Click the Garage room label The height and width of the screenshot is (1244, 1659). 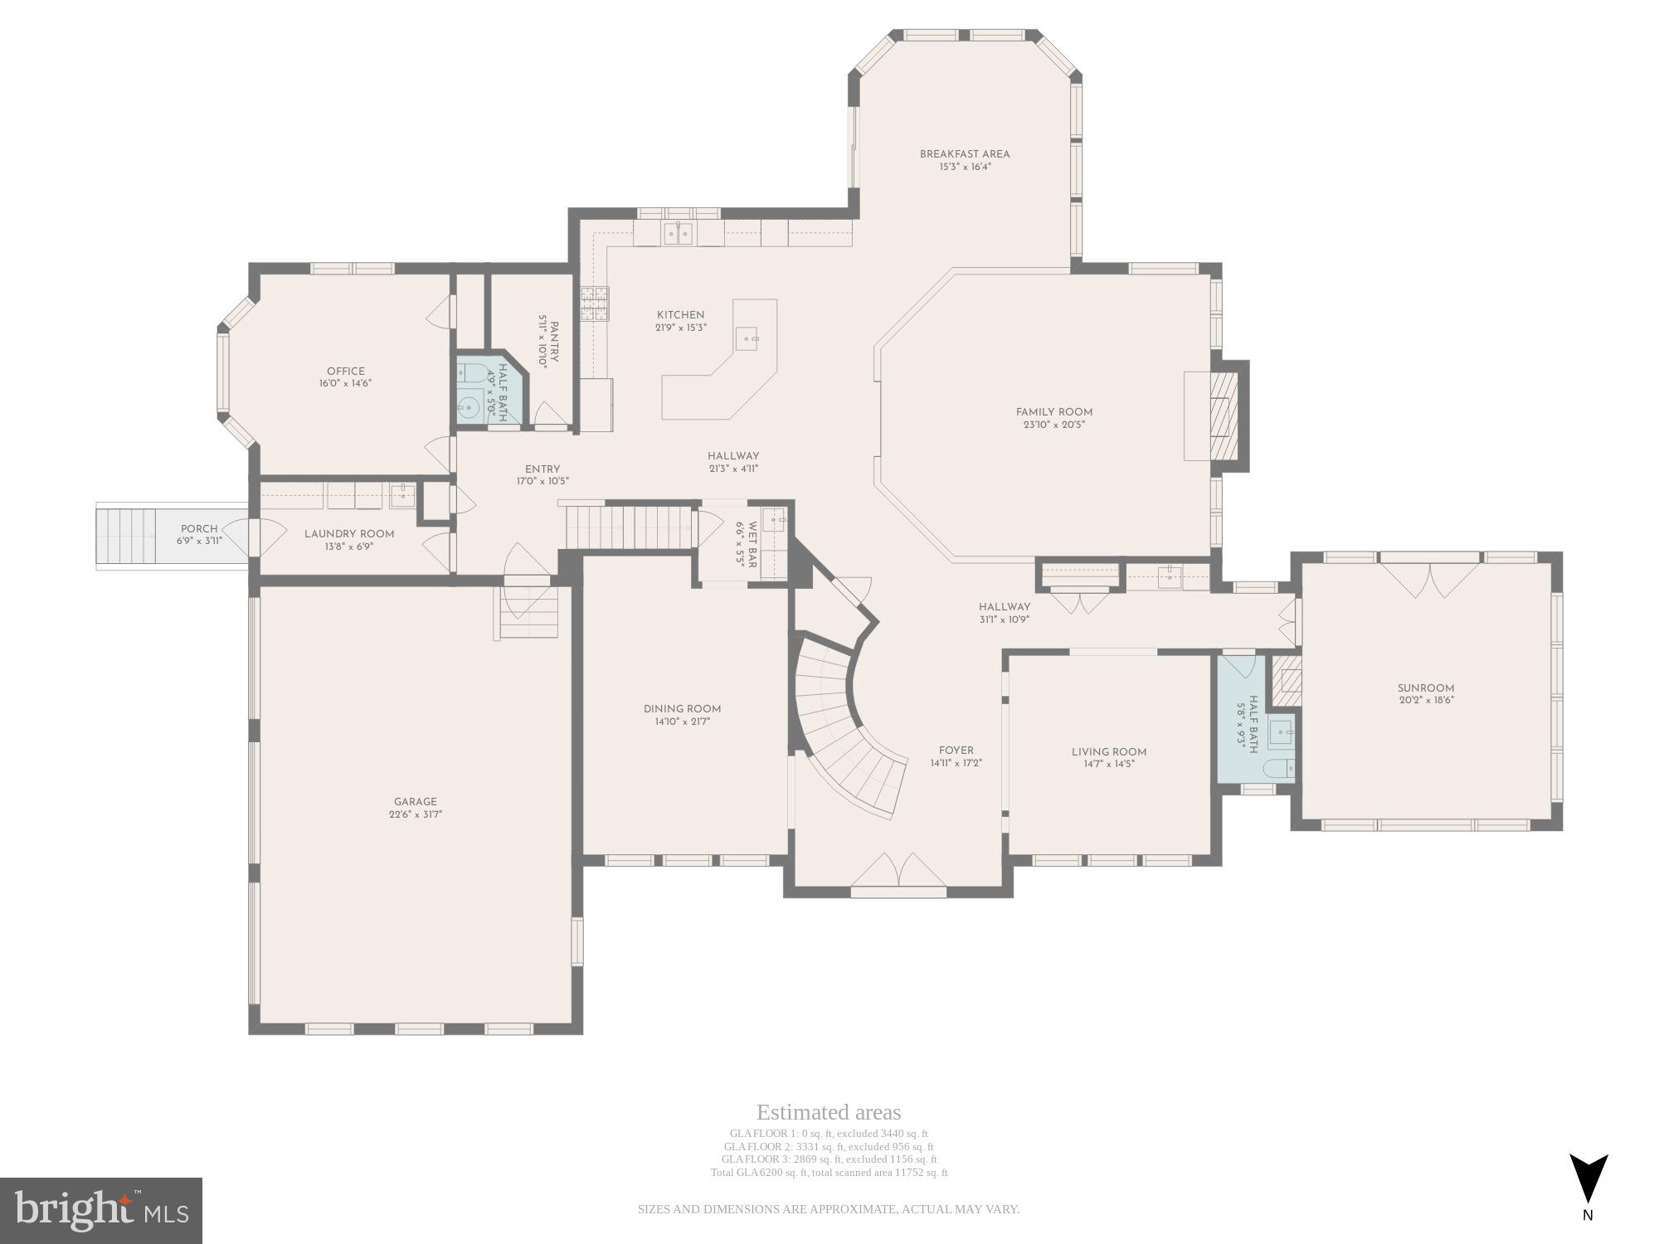coord(415,802)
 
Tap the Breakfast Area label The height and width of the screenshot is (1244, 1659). coord(964,154)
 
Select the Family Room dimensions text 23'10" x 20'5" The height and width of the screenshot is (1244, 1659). coord(1053,425)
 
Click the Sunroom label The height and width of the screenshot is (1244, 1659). coord(1425,688)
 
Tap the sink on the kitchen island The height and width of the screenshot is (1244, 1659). coord(749,338)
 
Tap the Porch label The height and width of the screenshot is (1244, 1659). coord(199,528)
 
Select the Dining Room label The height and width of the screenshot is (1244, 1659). coord(682,709)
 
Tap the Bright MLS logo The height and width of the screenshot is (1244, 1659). coord(100,1211)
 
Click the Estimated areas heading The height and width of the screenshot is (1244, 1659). coord(828,1112)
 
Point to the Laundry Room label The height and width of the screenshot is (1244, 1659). coord(348,534)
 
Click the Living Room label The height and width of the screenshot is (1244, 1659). coord(1108,752)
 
